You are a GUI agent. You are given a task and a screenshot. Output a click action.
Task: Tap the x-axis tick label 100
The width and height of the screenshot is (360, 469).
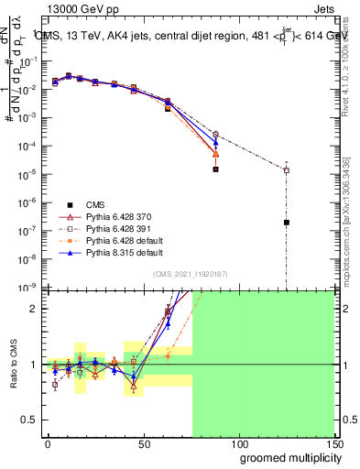pyautogui.click(x=240, y=442)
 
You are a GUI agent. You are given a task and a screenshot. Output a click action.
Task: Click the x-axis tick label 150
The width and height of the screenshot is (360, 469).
pyautogui.click(x=335, y=442)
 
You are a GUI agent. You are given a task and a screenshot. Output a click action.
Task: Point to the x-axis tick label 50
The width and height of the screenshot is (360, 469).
pyautogui.click(x=144, y=442)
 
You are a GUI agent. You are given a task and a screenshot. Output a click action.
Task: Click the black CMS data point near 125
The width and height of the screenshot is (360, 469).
pyautogui.click(x=287, y=223)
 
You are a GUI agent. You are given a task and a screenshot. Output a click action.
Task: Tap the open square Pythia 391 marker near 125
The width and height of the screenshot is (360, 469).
pyautogui.click(x=287, y=170)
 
